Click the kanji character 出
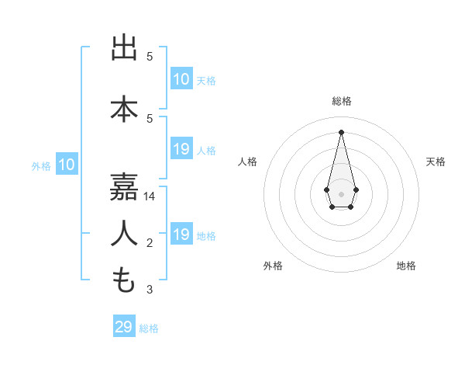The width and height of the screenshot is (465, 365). pos(124,48)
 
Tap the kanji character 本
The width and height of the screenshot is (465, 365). pos(124,109)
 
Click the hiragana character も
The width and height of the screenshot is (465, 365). pos(124,280)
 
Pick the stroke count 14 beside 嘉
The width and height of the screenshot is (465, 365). pos(150,196)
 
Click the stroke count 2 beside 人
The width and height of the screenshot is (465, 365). pos(150,244)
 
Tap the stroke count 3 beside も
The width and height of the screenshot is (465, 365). pos(150,290)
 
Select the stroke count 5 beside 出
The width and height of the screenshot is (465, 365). pos(150,57)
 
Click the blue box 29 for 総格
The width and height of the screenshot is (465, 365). pos(124,327)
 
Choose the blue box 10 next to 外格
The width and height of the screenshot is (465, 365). pos(67,165)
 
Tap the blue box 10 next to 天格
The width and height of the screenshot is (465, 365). pos(181,79)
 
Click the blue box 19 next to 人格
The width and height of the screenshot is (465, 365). pos(181,149)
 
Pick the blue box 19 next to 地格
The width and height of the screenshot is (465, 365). pos(181,235)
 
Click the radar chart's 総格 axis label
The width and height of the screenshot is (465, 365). pos(342,101)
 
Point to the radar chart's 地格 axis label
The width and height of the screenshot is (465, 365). pos(406,266)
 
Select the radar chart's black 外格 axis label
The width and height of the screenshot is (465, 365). pos(273,266)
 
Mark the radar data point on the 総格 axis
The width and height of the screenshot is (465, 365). pos(341,132)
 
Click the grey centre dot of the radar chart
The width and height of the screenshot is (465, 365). pos(341,194)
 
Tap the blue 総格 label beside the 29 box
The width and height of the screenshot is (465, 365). pos(149,328)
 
